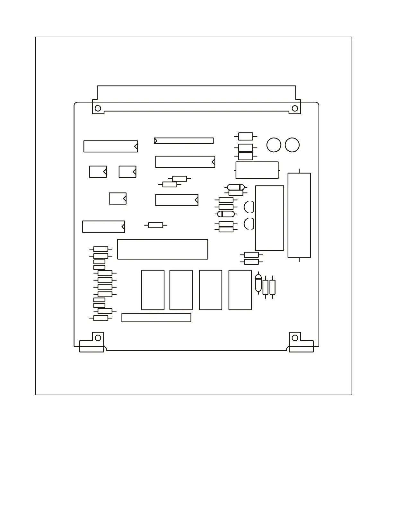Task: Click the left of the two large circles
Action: click(x=274, y=145)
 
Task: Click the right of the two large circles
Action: click(x=292, y=145)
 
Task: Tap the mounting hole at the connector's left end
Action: click(x=98, y=108)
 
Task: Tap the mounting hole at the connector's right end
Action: click(x=294, y=108)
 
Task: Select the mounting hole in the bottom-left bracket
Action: click(x=98, y=338)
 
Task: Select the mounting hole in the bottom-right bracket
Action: click(x=295, y=338)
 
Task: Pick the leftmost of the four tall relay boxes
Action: click(x=153, y=290)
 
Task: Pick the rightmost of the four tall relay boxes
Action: click(x=240, y=290)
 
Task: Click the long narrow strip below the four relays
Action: click(x=156, y=317)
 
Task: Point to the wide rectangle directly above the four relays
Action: click(x=162, y=249)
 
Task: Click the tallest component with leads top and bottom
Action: click(x=299, y=215)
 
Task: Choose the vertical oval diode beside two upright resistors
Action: click(x=258, y=283)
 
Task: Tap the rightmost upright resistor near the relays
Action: click(x=272, y=287)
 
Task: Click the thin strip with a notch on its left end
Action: click(x=184, y=141)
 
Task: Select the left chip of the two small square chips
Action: click(x=98, y=172)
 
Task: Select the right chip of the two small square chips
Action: click(x=127, y=172)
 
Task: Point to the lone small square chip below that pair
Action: click(x=118, y=199)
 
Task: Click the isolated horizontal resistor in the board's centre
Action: click(x=156, y=225)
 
